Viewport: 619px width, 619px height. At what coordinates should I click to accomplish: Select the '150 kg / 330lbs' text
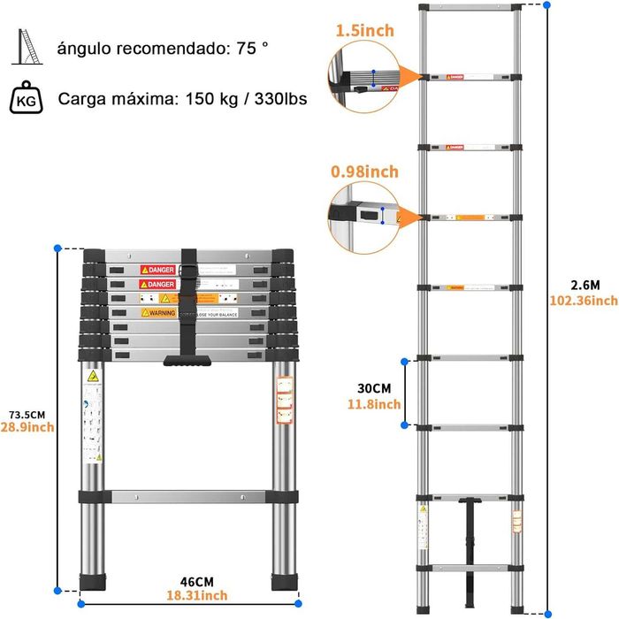point(247,98)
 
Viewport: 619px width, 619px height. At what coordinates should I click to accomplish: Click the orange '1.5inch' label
point(364,31)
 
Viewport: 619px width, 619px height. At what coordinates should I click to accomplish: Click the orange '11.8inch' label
point(373,404)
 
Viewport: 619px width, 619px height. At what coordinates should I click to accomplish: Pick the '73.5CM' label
point(27,413)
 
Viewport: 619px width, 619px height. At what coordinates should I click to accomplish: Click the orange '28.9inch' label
point(27,428)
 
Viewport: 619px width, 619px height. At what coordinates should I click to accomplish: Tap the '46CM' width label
point(196,581)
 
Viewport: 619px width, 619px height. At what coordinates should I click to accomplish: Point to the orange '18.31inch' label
point(196,597)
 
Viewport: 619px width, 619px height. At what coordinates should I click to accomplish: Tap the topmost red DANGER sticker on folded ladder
point(157,269)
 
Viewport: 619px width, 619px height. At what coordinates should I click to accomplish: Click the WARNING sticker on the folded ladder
point(157,312)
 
